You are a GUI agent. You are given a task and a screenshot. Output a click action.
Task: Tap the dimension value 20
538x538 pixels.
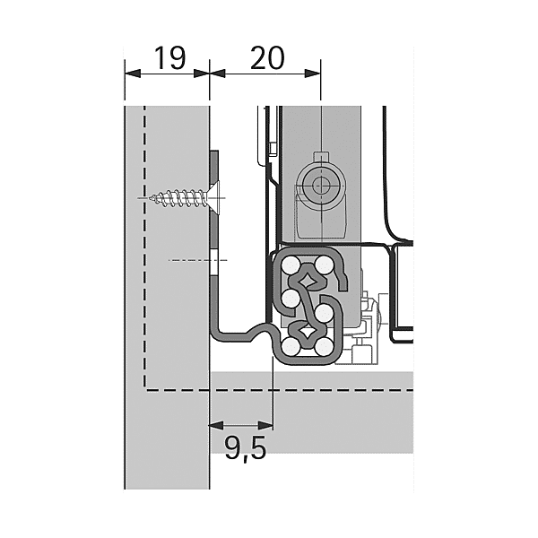click(266, 59)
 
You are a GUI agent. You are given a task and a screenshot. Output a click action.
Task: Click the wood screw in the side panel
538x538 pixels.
click(184, 195)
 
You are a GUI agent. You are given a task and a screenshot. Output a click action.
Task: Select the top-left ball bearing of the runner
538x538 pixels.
click(290, 266)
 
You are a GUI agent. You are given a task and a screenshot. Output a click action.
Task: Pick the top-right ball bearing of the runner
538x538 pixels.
click(321, 265)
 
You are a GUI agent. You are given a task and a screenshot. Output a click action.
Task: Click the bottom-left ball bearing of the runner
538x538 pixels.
click(290, 344)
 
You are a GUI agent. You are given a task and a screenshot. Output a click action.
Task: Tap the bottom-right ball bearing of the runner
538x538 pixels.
click(321, 345)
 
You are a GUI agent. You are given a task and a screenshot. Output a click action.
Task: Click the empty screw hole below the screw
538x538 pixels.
click(214, 260)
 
